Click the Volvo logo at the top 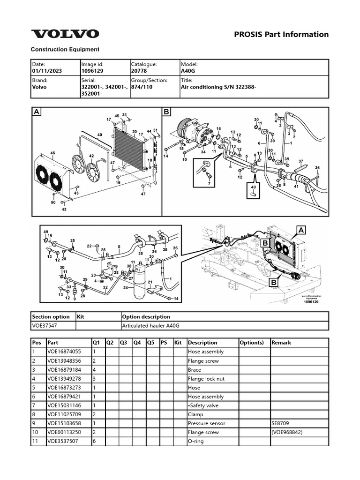tap(65, 34)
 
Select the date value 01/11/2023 tap(46, 71)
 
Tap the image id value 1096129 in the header tap(92, 71)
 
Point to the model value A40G tap(188, 71)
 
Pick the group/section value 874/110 tap(143, 87)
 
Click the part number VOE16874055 tap(64, 352)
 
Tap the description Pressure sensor tap(206, 423)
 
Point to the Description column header tap(202, 343)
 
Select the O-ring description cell tap(195, 441)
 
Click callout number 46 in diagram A tap(52, 153)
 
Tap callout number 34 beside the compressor tap(203, 152)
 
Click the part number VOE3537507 tap(62, 441)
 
